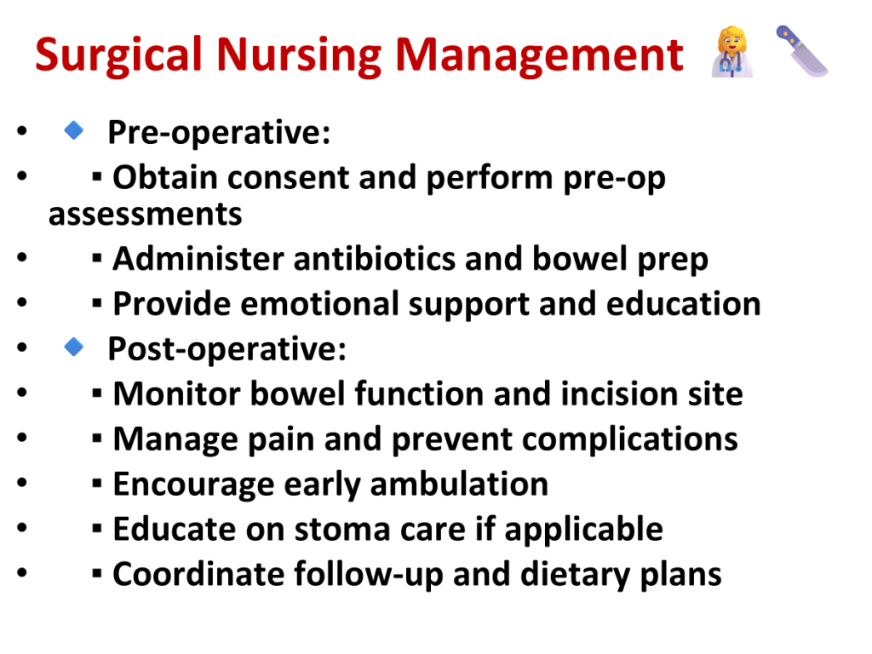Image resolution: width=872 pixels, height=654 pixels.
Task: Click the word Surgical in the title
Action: tap(118, 55)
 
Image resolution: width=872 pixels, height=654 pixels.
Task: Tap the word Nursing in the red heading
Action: tap(299, 55)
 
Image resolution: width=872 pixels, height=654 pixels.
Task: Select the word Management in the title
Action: tap(539, 55)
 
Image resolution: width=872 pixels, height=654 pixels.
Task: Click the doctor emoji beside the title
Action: tap(732, 51)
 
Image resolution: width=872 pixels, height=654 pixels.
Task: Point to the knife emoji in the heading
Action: tap(802, 50)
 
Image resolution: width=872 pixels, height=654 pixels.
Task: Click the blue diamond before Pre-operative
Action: tap(73, 130)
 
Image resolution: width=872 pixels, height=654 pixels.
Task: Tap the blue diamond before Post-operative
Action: tap(73, 347)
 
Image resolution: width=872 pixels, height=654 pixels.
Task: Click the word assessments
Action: tap(145, 215)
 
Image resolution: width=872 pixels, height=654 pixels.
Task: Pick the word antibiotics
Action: tap(375, 259)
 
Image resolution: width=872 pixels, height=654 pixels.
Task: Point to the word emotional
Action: tap(319, 304)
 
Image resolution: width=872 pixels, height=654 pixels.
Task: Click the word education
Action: tap(683, 304)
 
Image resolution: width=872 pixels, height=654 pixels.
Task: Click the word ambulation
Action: tap(459, 484)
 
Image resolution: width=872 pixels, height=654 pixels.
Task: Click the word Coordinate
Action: tap(198, 574)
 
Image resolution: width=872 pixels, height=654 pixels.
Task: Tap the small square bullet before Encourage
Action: tap(97, 483)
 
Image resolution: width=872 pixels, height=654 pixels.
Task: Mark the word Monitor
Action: tap(177, 393)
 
